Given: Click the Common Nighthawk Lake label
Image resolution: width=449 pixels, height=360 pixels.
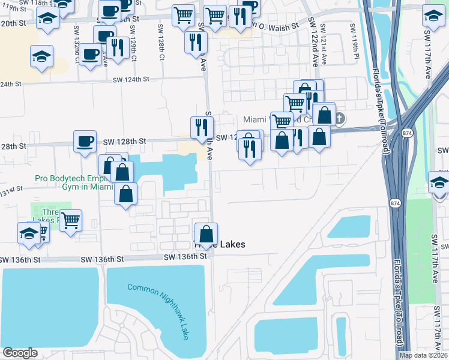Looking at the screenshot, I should pos(158,311).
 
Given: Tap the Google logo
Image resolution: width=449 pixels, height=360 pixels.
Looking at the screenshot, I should pos(20,353).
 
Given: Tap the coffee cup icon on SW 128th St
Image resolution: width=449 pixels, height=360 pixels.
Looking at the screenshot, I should pos(85,142).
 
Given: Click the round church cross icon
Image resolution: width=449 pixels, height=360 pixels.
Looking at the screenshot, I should pos(339,118).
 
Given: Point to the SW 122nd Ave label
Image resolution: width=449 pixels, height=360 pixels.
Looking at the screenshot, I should pos(313,41).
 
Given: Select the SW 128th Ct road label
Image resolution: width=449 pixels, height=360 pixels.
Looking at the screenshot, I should pos(161,42).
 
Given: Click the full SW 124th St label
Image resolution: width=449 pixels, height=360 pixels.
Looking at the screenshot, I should pos(127,79).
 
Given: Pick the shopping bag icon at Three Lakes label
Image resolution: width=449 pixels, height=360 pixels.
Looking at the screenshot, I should pos(206,233).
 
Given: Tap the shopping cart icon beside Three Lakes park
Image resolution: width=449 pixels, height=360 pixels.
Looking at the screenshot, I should pos(71,220).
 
